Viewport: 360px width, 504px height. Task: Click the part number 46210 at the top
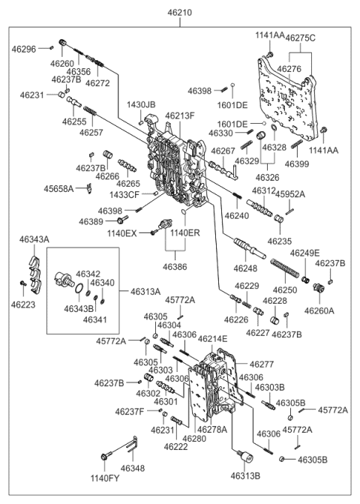click(x=180, y=13)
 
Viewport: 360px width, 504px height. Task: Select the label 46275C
click(x=301, y=38)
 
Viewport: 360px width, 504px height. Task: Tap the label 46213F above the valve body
click(x=180, y=115)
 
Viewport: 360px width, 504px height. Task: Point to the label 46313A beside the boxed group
click(x=145, y=292)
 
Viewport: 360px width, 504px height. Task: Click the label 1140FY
click(x=105, y=478)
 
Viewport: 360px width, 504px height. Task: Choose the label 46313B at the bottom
click(x=245, y=476)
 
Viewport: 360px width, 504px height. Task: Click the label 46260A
click(x=319, y=310)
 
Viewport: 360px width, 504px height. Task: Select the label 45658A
click(x=58, y=189)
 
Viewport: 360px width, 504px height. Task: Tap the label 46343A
click(x=34, y=239)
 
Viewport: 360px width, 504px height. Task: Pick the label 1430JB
click(x=141, y=105)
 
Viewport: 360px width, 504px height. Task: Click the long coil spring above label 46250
click(x=285, y=268)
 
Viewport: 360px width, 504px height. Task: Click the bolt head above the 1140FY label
click(x=104, y=456)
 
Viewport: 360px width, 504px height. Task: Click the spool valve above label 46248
click(x=250, y=248)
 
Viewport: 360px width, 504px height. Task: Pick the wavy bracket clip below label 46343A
click(x=35, y=274)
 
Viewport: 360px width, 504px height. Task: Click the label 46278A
click(x=212, y=430)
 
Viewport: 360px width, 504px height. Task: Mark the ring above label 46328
click(x=274, y=128)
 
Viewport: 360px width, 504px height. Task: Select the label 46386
click(x=175, y=266)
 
